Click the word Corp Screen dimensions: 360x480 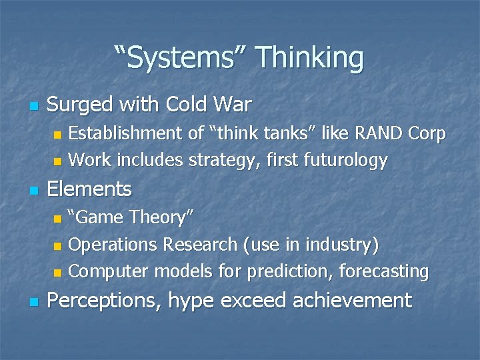(427, 133)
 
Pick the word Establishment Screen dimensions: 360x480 (127, 133)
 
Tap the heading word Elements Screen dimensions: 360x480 (90, 189)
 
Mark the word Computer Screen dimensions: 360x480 (110, 271)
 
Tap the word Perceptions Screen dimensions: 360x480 (104, 300)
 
